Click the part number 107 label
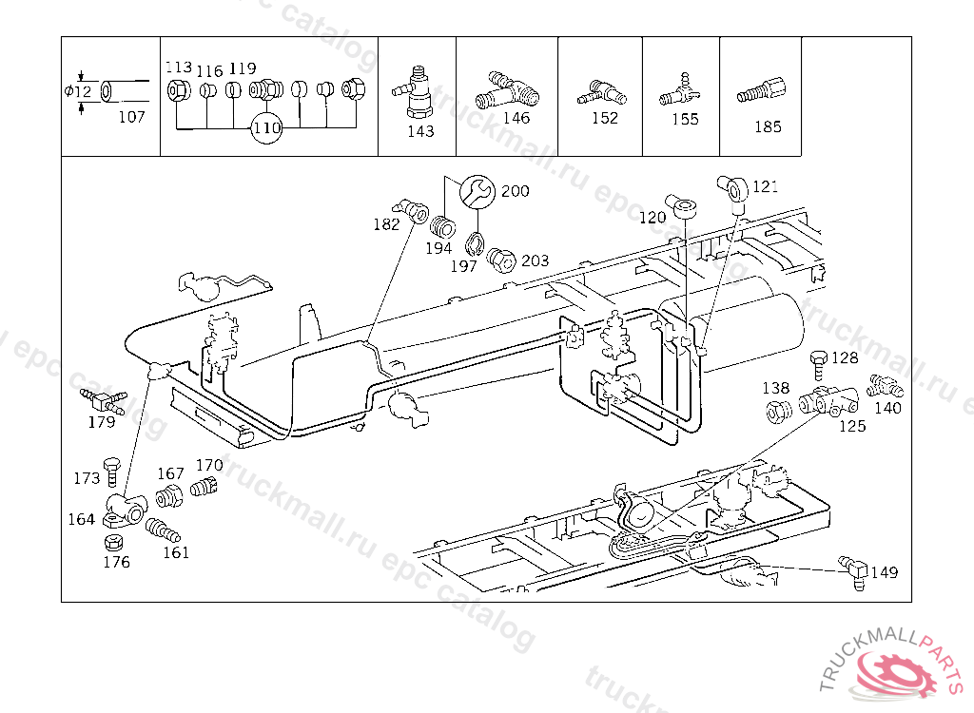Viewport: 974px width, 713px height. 131,117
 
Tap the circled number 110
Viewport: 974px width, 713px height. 267,127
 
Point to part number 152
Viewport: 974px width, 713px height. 604,117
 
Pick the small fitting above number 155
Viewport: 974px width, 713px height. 678,90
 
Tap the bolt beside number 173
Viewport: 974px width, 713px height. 111,470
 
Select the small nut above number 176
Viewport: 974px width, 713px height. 110,543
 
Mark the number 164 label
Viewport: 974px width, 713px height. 82,519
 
